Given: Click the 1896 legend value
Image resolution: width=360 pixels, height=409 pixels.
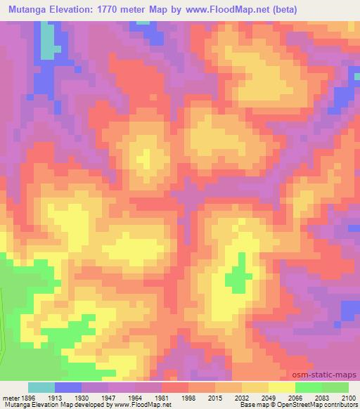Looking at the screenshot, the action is [x=28, y=397].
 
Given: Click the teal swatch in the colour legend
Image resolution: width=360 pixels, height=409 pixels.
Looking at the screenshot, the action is [x=41, y=387].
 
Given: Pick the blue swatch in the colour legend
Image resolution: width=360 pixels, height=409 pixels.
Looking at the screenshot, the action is [x=68, y=387].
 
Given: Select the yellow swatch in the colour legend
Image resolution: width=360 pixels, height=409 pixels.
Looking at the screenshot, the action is [x=281, y=387].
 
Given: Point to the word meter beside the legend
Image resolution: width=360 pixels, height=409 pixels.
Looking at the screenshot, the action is [x=10, y=397].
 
